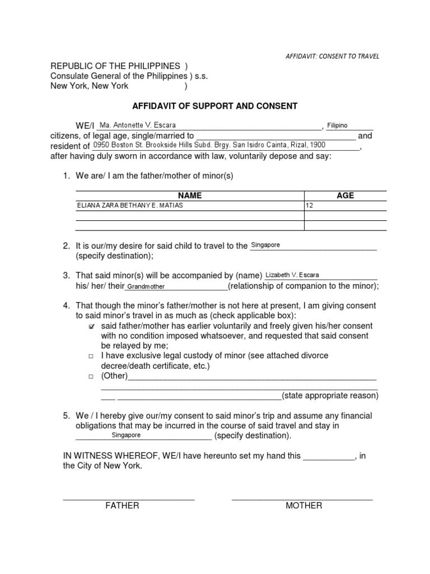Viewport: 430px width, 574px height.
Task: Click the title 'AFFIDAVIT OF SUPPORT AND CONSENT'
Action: pos(214,105)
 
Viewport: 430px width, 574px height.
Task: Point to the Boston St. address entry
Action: pos(209,145)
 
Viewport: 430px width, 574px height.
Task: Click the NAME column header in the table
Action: pos(190,196)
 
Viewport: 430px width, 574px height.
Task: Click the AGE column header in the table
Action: pos(345,196)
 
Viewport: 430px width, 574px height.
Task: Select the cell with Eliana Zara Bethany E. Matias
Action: pos(130,206)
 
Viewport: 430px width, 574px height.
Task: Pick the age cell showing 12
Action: pos(309,206)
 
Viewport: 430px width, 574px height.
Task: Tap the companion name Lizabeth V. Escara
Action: pos(292,275)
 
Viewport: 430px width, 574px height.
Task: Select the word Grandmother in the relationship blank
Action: pos(145,287)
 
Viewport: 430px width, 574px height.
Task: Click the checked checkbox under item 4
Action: pos(92,326)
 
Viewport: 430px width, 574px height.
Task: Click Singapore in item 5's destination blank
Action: pos(126,435)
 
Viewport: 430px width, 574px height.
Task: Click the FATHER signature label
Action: pos(122,506)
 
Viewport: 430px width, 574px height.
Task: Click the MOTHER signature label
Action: pos(304,506)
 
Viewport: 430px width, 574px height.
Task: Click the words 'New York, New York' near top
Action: pos(90,86)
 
